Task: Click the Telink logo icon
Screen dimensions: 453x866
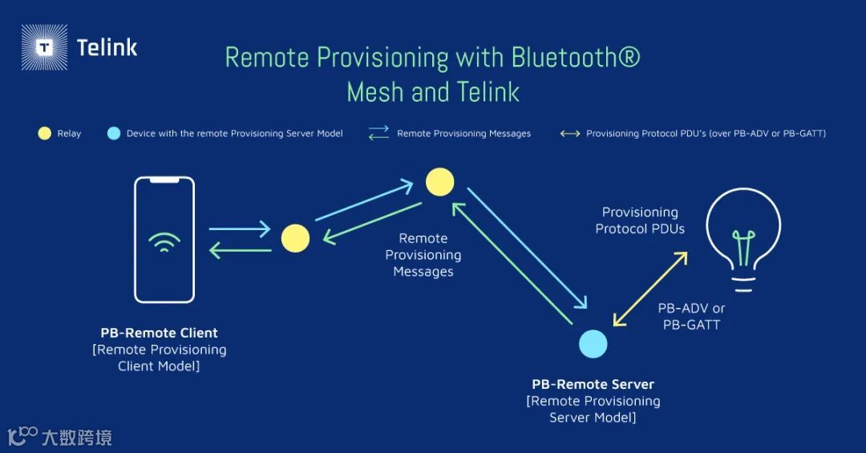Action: pyautogui.click(x=44, y=47)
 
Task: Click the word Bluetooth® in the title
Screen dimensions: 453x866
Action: pyautogui.click(x=576, y=58)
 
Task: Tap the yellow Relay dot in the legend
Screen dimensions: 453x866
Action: pyautogui.click(x=45, y=133)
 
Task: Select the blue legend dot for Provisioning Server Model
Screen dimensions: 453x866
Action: pyautogui.click(x=114, y=133)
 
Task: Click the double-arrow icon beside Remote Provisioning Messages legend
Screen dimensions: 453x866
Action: pyautogui.click(x=378, y=133)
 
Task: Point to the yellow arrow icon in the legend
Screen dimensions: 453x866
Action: pyautogui.click(x=570, y=133)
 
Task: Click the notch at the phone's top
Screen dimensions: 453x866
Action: pyautogui.click(x=164, y=180)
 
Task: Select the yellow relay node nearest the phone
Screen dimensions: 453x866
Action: pyautogui.click(x=295, y=238)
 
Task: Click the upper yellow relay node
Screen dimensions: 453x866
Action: pyautogui.click(x=439, y=182)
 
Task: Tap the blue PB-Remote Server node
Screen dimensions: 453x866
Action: pyautogui.click(x=593, y=344)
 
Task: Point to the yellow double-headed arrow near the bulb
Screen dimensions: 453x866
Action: pyautogui.click(x=649, y=289)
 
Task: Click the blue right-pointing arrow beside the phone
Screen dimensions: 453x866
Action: pyautogui.click(x=240, y=229)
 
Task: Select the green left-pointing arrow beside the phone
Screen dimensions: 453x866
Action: pyautogui.click(x=240, y=250)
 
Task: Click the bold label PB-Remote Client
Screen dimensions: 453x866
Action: pyautogui.click(x=159, y=333)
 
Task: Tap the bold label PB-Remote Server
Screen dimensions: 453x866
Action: pyautogui.click(x=593, y=384)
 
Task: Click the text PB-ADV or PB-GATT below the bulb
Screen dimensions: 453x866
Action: pyautogui.click(x=691, y=317)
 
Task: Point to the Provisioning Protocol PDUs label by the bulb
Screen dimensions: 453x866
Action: pyautogui.click(x=640, y=220)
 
